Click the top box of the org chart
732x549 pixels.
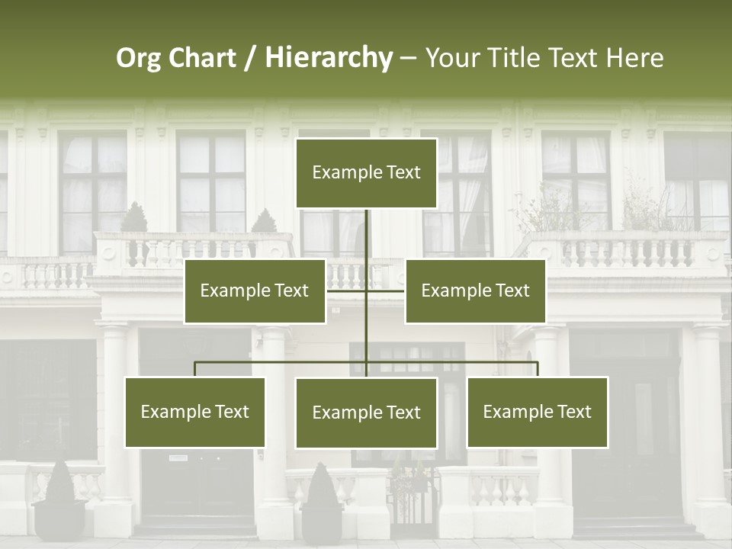(366, 173)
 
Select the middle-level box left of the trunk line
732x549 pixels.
(255, 291)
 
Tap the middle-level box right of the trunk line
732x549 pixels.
(475, 291)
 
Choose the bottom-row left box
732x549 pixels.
(195, 412)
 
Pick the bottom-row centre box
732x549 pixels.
(366, 413)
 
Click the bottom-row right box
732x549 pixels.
(537, 412)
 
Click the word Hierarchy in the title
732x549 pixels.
(329, 58)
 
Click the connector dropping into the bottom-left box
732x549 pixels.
(195, 369)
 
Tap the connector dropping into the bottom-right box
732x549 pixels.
(537, 369)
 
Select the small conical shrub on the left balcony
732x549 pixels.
(134, 218)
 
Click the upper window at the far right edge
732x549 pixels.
(695, 183)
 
